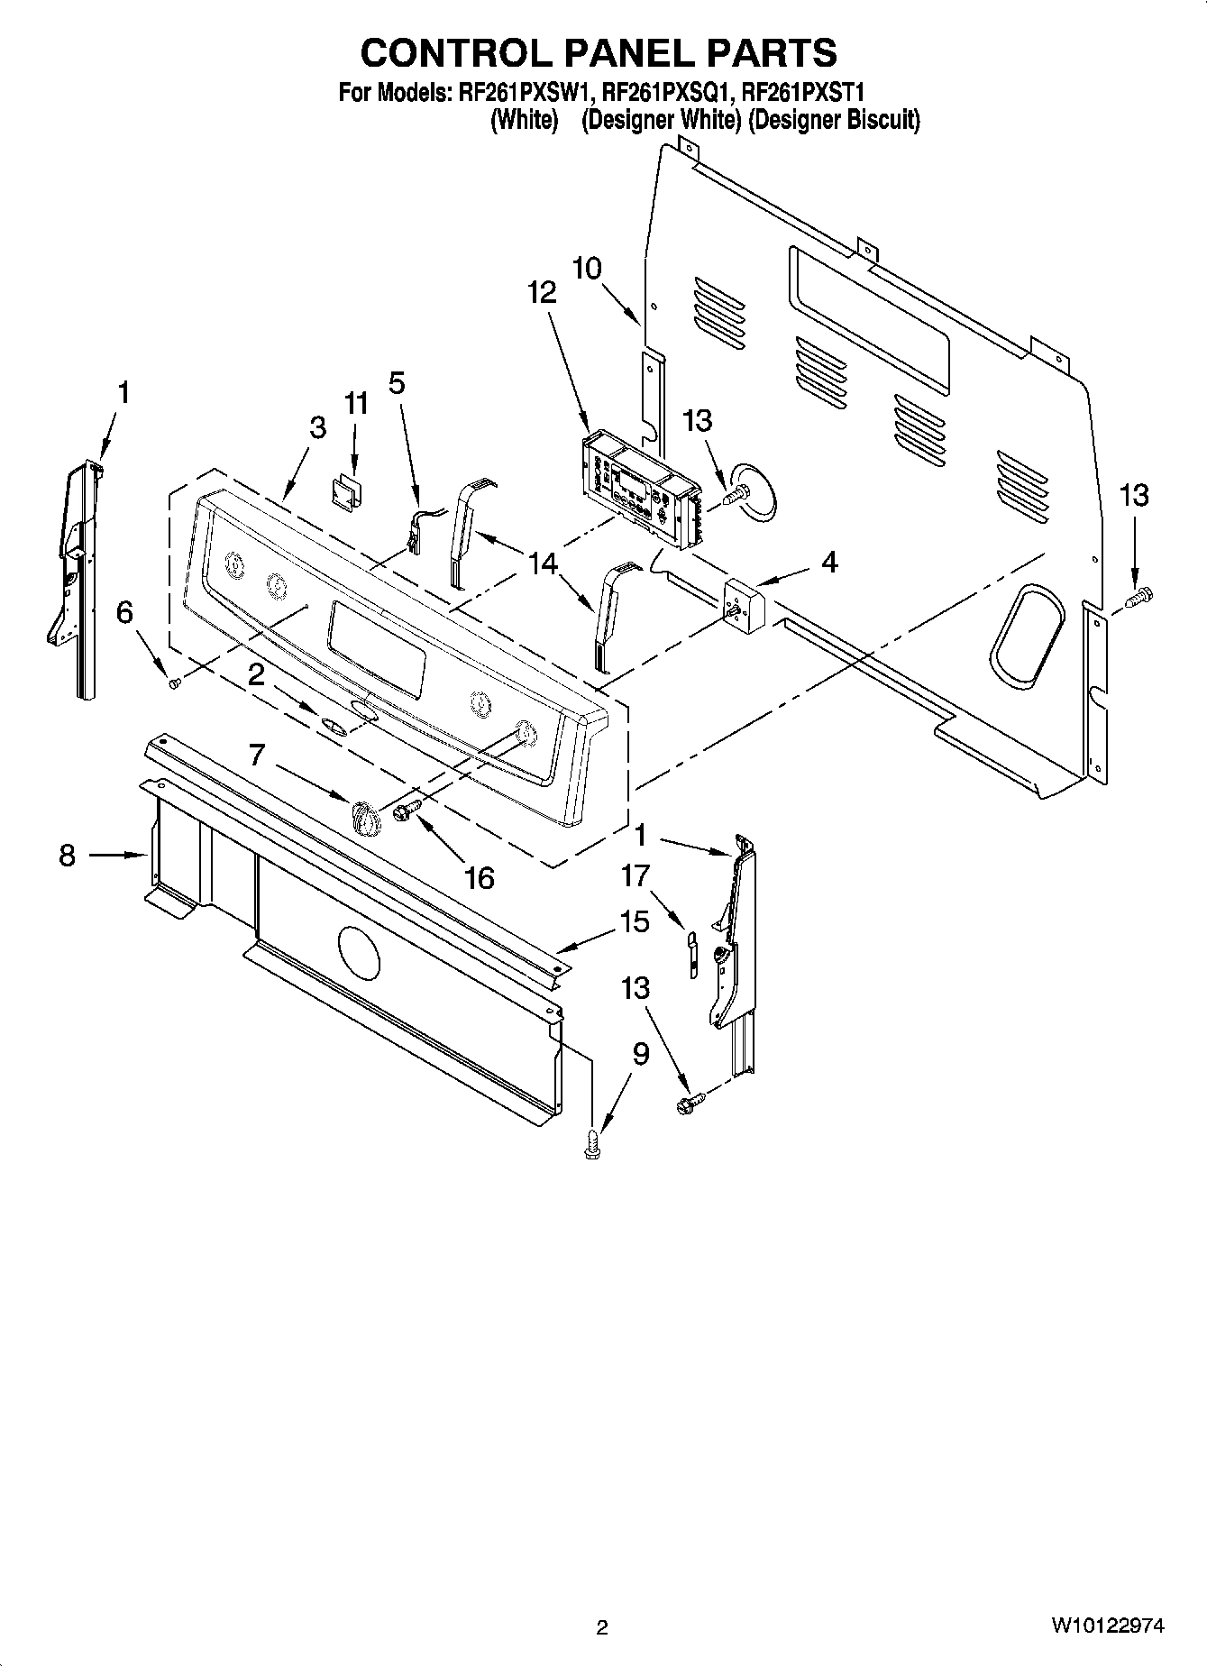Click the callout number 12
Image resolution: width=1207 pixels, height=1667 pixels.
click(542, 292)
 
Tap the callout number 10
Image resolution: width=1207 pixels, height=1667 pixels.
click(587, 269)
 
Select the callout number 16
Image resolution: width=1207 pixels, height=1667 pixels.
click(479, 877)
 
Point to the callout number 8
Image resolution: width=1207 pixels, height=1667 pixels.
click(68, 855)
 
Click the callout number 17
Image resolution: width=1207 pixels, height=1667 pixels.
click(636, 875)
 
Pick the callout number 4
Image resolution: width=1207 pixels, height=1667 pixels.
click(829, 563)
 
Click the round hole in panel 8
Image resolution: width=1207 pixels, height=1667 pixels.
click(359, 952)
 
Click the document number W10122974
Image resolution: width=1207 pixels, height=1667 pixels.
click(1106, 1626)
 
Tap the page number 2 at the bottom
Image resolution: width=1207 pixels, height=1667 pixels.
click(601, 1627)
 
